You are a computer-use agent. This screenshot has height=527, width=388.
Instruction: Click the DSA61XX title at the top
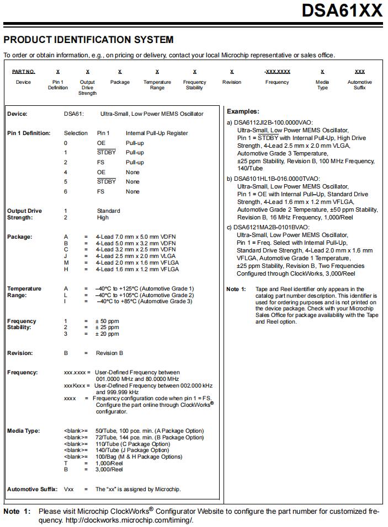[342, 10]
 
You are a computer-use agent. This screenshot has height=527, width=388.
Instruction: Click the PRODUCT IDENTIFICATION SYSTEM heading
[88, 40]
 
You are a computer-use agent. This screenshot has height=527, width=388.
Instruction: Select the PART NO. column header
[23, 72]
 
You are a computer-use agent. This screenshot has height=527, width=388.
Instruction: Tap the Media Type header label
[322, 85]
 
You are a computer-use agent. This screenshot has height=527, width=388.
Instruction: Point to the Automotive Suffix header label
[359, 85]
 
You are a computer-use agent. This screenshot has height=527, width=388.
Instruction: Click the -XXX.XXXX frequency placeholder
[277, 72]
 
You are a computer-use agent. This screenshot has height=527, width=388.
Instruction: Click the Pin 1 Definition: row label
[29, 133]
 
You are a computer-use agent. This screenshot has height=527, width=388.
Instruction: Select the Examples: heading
[243, 111]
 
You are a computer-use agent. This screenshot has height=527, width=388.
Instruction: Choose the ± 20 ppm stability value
[107, 334]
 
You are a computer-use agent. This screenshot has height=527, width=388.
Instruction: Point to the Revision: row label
[20, 353]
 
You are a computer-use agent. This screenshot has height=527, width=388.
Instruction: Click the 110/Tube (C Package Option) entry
[132, 444]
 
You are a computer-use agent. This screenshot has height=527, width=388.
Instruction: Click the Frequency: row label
[23, 372]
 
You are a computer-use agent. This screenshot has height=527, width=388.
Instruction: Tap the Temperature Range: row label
[24, 292]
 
